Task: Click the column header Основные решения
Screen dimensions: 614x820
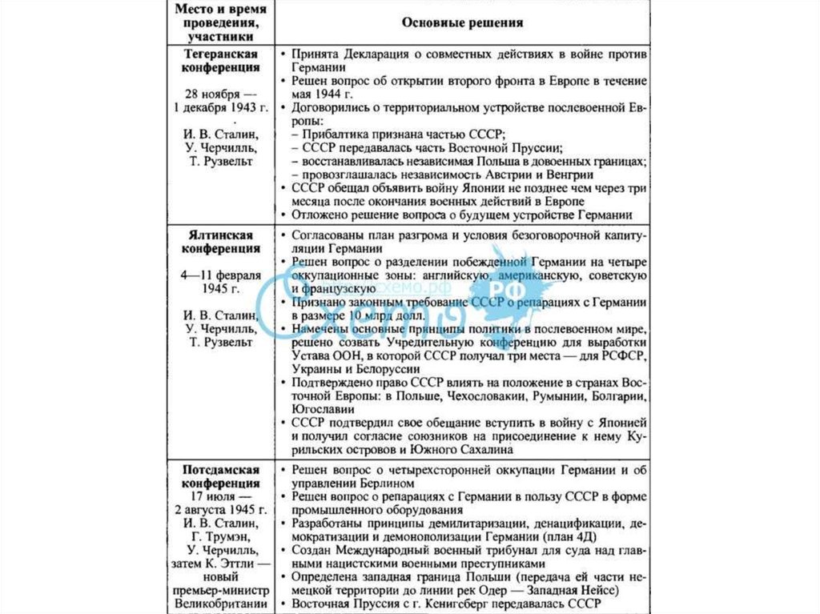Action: click(461, 22)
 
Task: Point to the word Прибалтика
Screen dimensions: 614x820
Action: click(333, 134)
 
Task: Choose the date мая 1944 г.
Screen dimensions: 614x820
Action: click(314, 94)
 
